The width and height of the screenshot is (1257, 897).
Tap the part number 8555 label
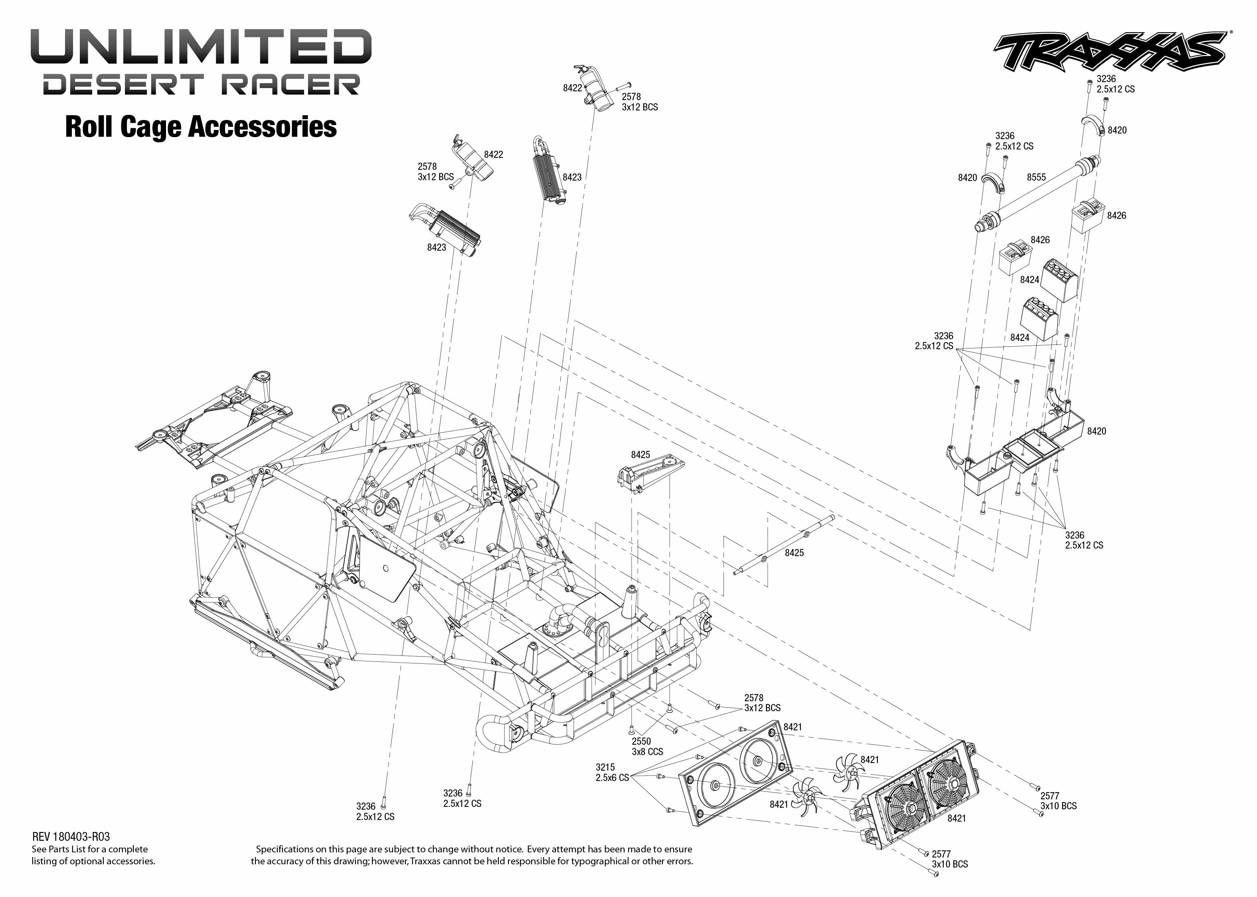tap(1036, 177)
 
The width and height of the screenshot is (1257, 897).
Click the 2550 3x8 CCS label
tap(647, 746)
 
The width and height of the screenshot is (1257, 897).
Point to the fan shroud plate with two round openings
tap(735, 773)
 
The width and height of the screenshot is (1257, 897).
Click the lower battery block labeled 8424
tap(1039, 319)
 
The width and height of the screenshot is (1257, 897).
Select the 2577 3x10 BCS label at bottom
tap(949, 859)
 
